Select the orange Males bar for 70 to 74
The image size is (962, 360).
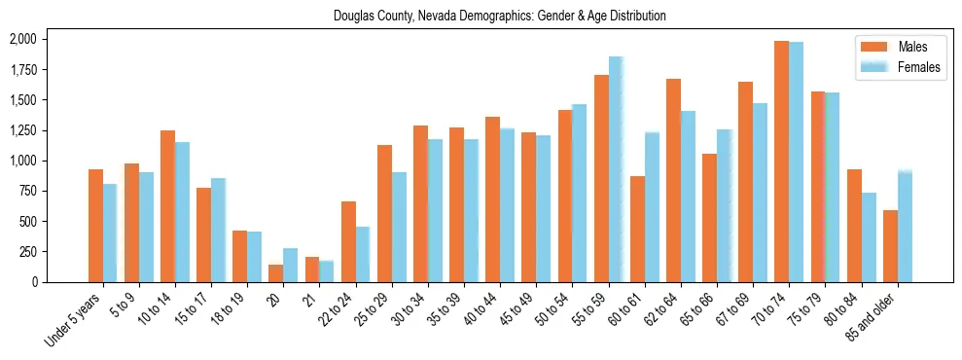click(782, 162)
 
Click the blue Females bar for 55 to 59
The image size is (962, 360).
click(616, 169)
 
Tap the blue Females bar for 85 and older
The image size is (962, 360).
click(905, 227)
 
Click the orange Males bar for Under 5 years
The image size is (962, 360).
click(95, 226)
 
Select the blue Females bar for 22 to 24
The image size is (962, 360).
click(363, 254)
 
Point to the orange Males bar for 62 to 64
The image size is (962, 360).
click(673, 180)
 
